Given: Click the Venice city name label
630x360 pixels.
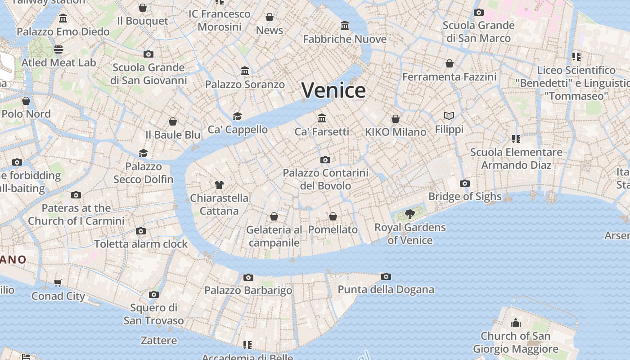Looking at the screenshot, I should (333, 90).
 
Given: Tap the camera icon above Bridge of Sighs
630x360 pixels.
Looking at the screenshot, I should (465, 184).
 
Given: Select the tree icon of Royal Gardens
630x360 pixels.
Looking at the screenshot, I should (409, 214).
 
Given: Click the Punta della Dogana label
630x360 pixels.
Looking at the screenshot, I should (386, 289).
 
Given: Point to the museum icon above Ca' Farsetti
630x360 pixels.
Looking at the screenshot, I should (322, 118).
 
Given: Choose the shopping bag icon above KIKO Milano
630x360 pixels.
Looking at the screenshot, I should (396, 119).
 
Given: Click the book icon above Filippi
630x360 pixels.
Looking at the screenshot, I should (449, 116).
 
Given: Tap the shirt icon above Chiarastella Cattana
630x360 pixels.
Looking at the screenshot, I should (219, 184).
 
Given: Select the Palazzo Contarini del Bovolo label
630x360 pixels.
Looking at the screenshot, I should (325, 179).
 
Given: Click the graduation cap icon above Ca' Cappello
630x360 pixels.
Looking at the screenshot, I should (238, 117).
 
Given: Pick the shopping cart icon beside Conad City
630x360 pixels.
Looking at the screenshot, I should (58, 283).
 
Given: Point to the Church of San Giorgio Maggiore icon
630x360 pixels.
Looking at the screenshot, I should (516, 323).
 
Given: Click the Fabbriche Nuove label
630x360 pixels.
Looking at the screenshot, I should (345, 39).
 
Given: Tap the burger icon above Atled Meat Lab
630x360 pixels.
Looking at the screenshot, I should (58, 49).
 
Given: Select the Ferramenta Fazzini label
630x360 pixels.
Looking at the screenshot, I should (449, 77).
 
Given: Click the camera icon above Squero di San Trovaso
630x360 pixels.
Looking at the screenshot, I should (154, 295).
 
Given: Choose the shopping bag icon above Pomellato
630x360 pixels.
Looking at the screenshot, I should (333, 217).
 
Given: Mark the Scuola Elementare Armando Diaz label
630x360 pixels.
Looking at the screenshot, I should (516, 158).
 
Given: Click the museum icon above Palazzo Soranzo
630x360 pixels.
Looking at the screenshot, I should (245, 71).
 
